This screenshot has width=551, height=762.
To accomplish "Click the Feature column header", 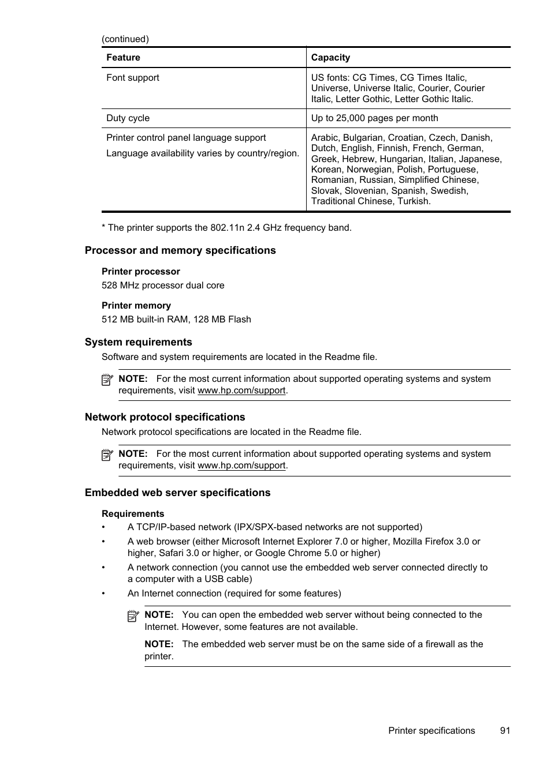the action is pyautogui.click(x=123, y=58).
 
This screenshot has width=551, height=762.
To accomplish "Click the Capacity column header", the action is pyautogui.click(x=330, y=58).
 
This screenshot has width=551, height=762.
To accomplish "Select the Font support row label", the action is pyautogui.click(x=133, y=78).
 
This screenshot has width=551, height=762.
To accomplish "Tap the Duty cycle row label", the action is pyautogui.click(x=128, y=118).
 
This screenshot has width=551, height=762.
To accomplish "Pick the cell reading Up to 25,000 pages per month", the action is pyautogui.click(x=374, y=118).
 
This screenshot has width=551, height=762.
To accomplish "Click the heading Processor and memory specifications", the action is pyautogui.click(x=180, y=250).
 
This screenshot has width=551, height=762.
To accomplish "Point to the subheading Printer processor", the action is pyautogui.click(x=141, y=272).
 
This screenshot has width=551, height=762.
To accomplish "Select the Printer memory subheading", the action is pyautogui.click(x=136, y=306).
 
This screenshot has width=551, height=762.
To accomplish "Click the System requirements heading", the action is pyautogui.click(x=139, y=342).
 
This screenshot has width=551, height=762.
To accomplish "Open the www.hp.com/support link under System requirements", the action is pyautogui.click(x=241, y=391).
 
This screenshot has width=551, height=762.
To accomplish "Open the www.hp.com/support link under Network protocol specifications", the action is pyautogui.click(x=241, y=466).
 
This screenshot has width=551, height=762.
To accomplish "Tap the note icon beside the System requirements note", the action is pyautogui.click(x=107, y=380).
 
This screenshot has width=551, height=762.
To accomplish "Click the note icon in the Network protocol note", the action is pyautogui.click(x=107, y=455).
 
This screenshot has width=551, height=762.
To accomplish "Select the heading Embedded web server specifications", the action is pyautogui.click(x=177, y=493).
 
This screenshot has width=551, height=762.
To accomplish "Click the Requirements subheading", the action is pyautogui.click(x=133, y=514).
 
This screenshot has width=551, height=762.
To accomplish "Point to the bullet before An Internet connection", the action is pyautogui.click(x=104, y=594).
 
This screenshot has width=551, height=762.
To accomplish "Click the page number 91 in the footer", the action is pyautogui.click(x=505, y=731).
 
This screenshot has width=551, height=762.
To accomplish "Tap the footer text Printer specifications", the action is pyautogui.click(x=431, y=731).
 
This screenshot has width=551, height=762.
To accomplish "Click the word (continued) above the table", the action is pyautogui.click(x=125, y=39).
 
